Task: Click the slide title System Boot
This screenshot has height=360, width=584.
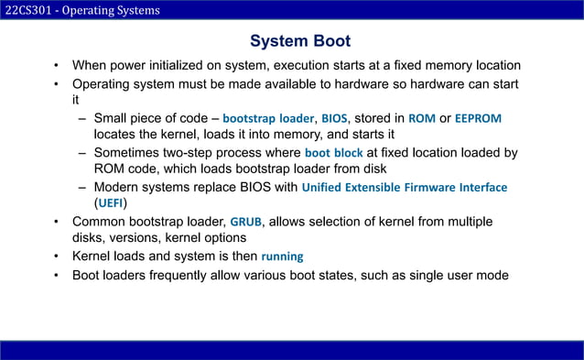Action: (x=300, y=42)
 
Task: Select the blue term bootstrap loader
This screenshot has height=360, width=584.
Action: (x=267, y=118)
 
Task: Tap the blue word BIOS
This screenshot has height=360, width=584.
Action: (x=334, y=118)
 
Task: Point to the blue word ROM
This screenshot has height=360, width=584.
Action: (x=422, y=118)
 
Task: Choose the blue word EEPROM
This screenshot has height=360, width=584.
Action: (x=478, y=118)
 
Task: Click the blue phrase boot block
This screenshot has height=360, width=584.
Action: (x=333, y=153)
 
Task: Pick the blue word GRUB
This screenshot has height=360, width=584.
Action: (x=245, y=222)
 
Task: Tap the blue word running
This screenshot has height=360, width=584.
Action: (x=282, y=256)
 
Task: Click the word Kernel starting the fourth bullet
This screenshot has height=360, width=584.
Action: (x=92, y=255)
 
